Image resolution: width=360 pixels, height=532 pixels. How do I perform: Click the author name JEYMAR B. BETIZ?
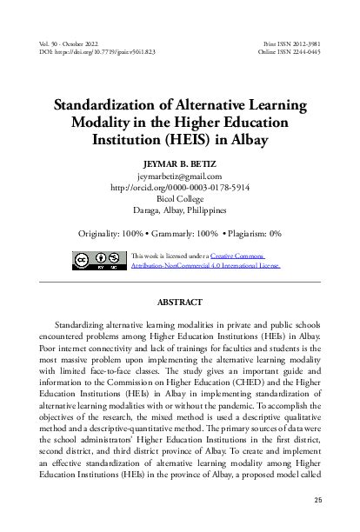[x=179, y=162]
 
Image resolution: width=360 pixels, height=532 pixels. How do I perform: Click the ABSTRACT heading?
[x=179, y=303]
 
